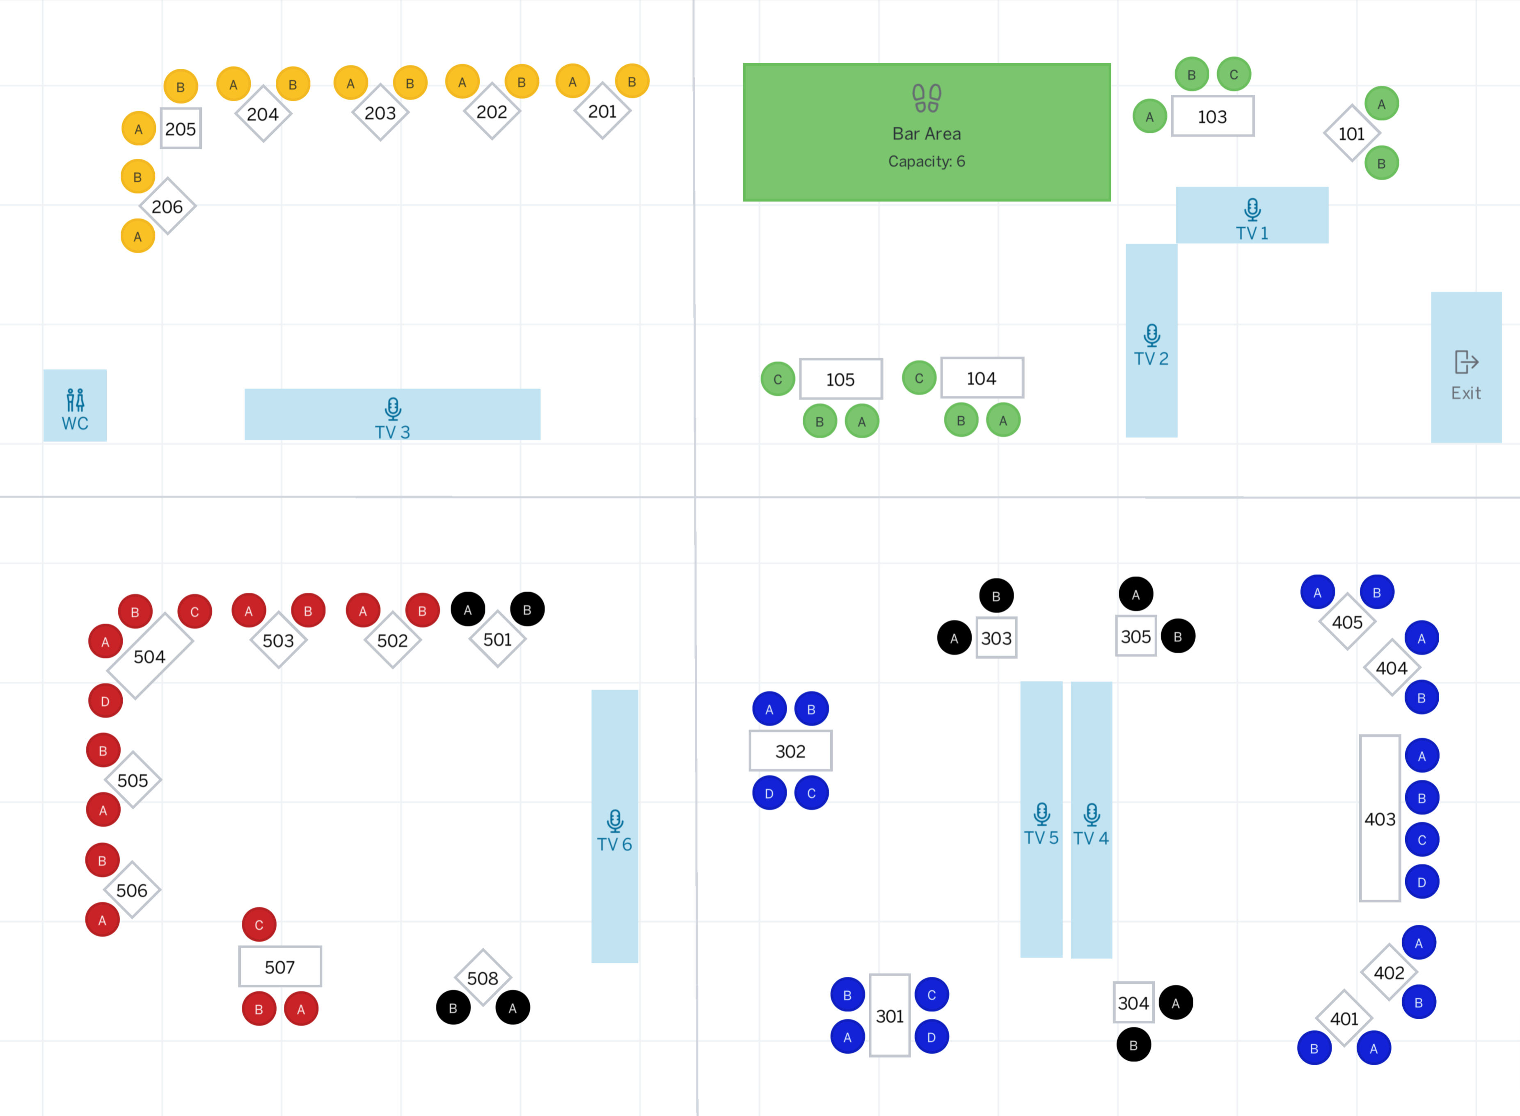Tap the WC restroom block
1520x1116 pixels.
75,405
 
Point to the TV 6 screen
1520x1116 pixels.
614,826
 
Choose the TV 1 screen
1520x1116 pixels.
1252,215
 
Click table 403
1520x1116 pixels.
1379,818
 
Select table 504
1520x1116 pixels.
149,656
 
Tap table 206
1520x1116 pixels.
167,206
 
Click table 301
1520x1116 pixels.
889,1016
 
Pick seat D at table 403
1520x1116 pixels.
1422,881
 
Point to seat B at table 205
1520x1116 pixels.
181,87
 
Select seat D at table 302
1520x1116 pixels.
769,793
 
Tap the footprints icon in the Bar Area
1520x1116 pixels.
927,98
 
